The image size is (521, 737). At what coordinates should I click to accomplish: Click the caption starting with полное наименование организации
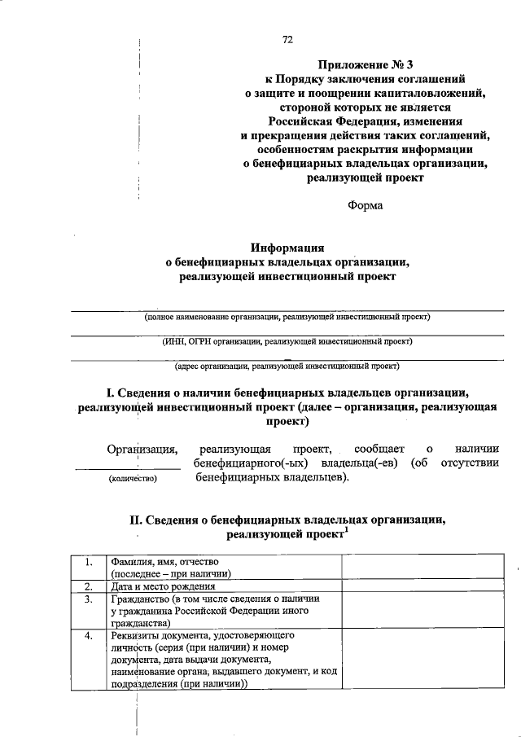click(x=287, y=316)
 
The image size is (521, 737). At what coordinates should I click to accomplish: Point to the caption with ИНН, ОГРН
click(x=287, y=341)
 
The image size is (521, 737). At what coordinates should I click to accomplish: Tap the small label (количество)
click(x=132, y=480)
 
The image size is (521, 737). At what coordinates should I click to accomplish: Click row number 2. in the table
click(x=87, y=586)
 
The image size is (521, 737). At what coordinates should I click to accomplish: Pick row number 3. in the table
click(x=87, y=599)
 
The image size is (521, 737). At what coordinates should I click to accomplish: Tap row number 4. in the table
click(x=87, y=634)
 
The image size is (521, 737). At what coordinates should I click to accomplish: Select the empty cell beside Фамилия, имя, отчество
click(x=422, y=567)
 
